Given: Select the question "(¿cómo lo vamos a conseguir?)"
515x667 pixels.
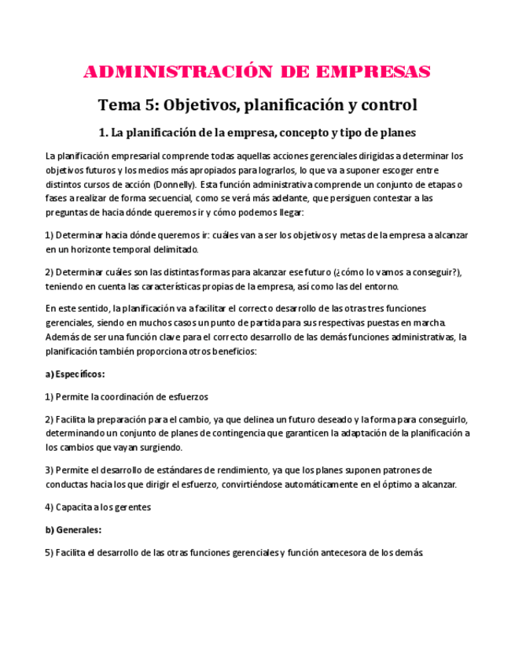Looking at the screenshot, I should click(398, 272).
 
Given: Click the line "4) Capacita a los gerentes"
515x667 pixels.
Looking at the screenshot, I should click(97, 507).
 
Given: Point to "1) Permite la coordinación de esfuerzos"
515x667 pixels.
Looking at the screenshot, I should click(127, 396).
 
